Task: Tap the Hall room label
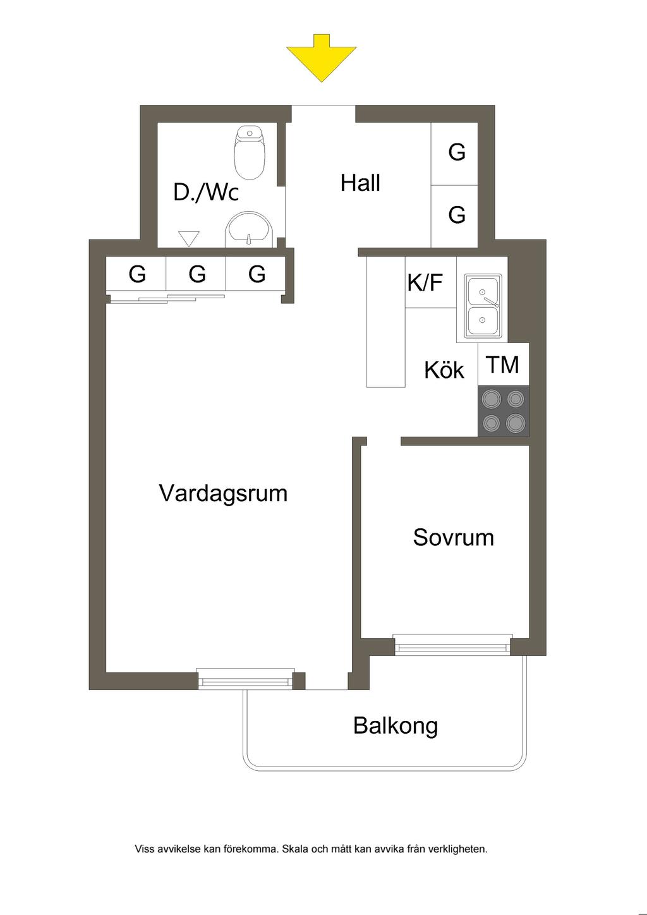[360, 183]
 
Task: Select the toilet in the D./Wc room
[249, 153]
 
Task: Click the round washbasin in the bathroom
[249, 229]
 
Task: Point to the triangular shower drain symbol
[189, 239]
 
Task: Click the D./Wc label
[206, 192]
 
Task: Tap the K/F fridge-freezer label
[425, 282]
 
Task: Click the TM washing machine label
[503, 365]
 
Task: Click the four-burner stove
[504, 411]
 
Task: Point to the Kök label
[444, 370]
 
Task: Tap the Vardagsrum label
[223, 493]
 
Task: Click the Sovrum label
[454, 537]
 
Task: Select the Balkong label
[396, 726]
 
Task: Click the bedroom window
[452, 645]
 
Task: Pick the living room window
[246, 679]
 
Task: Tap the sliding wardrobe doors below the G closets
[167, 299]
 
